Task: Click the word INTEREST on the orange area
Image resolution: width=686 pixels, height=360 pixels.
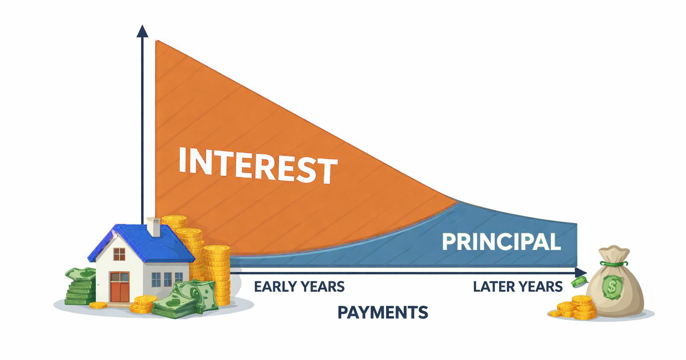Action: coord(258,165)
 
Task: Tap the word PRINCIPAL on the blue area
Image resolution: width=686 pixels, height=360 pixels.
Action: coord(501,242)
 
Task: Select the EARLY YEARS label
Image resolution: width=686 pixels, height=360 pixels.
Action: coord(299,287)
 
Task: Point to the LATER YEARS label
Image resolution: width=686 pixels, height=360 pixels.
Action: coord(517,287)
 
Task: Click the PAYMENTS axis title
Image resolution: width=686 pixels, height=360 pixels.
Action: coord(382,313)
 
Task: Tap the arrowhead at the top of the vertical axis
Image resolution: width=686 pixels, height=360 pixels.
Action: coord(142,31)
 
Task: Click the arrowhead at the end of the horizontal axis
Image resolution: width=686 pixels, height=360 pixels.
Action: coord(581,272)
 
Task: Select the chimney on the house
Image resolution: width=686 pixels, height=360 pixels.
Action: coord(154,227)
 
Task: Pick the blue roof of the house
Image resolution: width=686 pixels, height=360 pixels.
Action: coord(142,243)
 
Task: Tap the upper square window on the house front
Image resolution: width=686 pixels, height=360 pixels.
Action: coord(119,254)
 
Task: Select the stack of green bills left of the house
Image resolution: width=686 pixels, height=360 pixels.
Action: coord(80,286)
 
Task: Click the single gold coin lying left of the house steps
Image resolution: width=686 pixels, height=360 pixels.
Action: coord(98,305)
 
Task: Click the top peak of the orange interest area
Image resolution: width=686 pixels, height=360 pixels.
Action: coord(156,41)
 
